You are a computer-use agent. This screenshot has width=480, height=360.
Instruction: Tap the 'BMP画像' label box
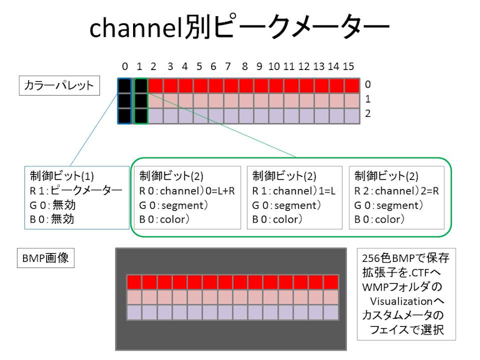coord(45,259)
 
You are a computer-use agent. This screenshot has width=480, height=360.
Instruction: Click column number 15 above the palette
coord(349,66)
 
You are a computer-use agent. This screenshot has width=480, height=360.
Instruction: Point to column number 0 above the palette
coord(125,66)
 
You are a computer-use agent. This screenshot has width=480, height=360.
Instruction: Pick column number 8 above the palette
coord(244,66)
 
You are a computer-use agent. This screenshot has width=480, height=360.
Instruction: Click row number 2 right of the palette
coord(368,114)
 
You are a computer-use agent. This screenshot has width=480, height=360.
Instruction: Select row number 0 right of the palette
coord(368,84)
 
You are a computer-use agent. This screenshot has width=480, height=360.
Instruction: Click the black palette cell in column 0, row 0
coord(125,86)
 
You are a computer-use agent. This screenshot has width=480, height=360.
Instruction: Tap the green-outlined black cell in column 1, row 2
coord(141,116)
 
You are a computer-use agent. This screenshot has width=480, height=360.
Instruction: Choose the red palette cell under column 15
coord(352,86)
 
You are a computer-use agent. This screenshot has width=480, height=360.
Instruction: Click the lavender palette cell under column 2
coord(156,116)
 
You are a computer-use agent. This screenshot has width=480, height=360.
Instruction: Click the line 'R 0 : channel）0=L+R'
coord(187,191)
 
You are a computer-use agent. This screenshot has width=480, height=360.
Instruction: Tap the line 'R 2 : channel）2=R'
coord(396,191)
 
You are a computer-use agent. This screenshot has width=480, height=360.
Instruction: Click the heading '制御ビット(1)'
coord(58,176)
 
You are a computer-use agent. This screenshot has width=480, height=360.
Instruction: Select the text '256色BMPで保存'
coord(406,258)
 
